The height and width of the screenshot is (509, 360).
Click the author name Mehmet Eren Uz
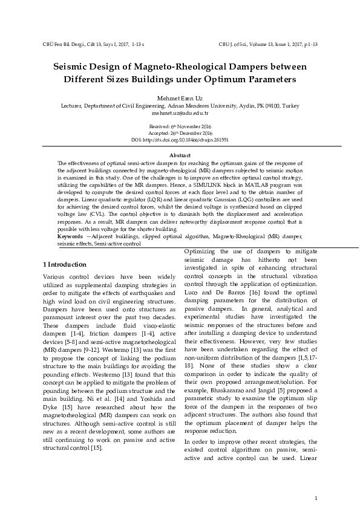(180, 98)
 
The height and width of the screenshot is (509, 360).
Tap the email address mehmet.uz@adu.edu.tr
(180, 113)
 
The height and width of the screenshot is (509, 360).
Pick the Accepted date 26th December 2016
(180, 132)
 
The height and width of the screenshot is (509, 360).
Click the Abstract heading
(180, 156)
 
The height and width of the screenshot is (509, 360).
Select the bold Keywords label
(70, 236)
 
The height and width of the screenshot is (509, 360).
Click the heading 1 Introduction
(65, 264)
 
